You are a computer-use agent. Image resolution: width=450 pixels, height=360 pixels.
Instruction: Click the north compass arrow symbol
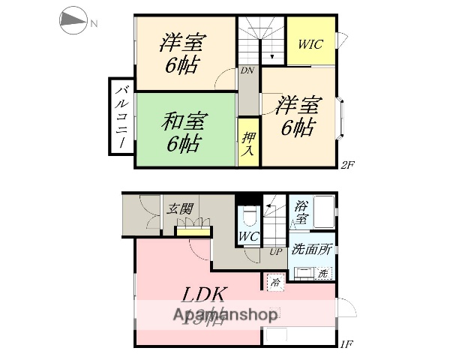pos(73,22)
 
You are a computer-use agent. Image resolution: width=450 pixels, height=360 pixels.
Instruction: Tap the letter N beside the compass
pos(94,23)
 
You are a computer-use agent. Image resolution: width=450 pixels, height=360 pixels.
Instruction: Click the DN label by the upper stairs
pos(247,70)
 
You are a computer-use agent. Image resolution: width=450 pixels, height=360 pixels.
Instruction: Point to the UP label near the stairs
pos(276,252)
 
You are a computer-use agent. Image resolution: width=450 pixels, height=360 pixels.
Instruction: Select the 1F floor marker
pos(346,344)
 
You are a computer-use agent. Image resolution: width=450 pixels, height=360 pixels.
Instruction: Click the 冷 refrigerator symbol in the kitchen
pos(275,283)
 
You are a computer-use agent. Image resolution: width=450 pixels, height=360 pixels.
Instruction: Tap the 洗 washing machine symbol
pos(323,273)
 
